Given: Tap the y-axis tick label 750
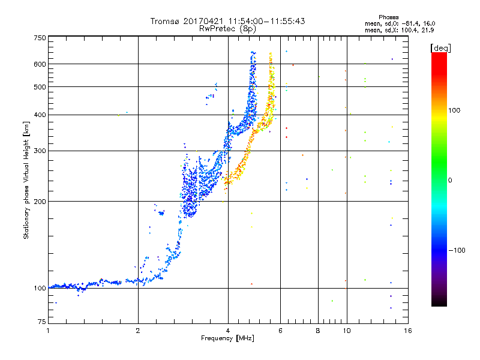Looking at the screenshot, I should pos(40,38).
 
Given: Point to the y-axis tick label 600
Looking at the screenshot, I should pos(40,64).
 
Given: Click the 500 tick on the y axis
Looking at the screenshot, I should pos(40,87).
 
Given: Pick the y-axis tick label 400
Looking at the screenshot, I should pos(40,115).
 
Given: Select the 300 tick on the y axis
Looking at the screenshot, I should pos(40,151).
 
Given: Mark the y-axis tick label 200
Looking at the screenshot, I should pos(40,202).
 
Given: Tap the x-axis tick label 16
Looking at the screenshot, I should pos(407,331).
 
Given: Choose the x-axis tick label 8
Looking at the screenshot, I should pos(318,331).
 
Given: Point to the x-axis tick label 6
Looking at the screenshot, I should pos(280,331).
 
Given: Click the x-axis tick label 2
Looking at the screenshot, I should pos(138,331).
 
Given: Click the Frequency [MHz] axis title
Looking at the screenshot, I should pos(228,339).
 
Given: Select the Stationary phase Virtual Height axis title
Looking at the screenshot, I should pos(26,180).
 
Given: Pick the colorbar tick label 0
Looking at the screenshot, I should pos(451,180).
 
